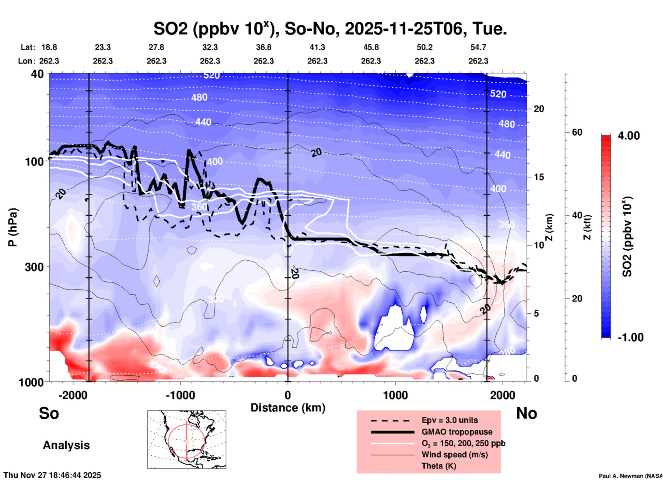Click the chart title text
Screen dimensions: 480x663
click(330, 29)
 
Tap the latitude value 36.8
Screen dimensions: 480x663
click(263, 47)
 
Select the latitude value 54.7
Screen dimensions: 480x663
click(478, 47)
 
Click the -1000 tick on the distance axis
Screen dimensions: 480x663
click(180, 395)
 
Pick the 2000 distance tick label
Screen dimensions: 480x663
click(503, 395)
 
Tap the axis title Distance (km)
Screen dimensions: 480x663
click(288, 408)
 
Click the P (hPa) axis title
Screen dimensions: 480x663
click(12, 227)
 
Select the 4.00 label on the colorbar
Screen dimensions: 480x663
click(629, 136)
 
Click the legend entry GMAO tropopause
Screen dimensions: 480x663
click(457, 432)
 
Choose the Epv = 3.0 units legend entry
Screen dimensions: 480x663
click(450, 420)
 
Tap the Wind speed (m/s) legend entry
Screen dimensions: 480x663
click(454, 455)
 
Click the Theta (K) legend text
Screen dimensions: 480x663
click(439, 466)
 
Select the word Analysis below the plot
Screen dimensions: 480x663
click(66, 445)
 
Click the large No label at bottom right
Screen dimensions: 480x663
click(526, 413)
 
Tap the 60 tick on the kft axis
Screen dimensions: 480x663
click(577, 133)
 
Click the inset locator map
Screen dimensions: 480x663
click(187, 439)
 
